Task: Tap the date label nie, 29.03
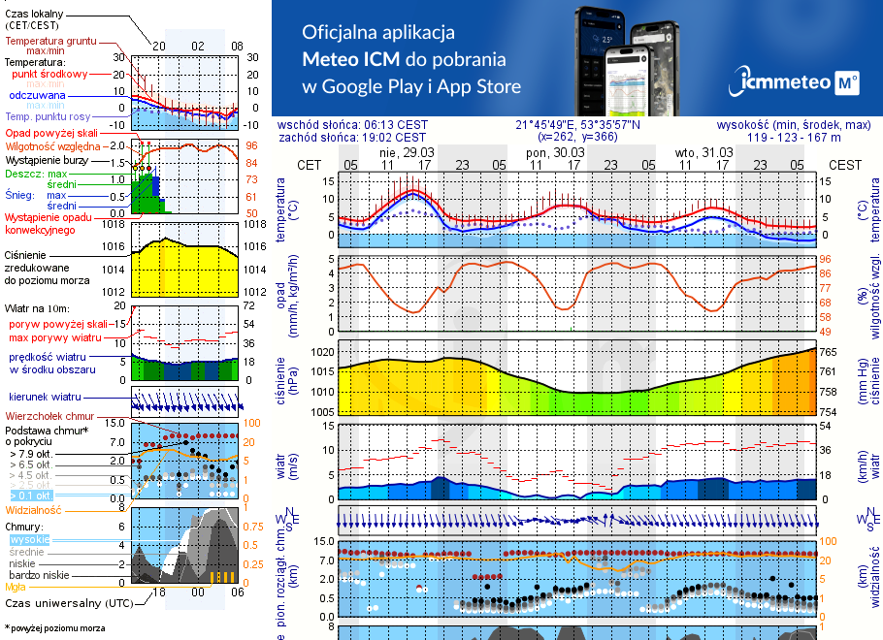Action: click(x=407, y=152)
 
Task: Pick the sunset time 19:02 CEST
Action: click(x=394, y=138)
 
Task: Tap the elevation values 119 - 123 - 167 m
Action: click(x=808, y=138)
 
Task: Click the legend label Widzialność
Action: click(x=34, y=509)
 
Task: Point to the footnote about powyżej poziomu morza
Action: click(x=55, y=628)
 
